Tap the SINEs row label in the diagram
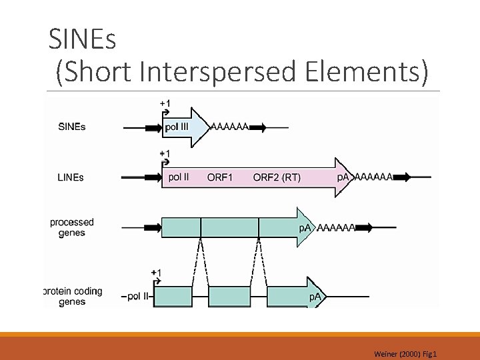pyautogui.click(x=72, y=127)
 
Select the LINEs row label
pyautogui.click(x=71, y=177)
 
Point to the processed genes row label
pyautogui.click(x=72, y=227)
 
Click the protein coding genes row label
pyautogui.click(x=72, y=296)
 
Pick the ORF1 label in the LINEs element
pyautogui.click(x=220, y=177)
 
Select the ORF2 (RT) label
pyautogui.click(x=277, y=177)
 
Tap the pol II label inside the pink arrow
pyautogui.click(x=179, y=177)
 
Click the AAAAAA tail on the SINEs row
pyautogui.click(x=230, y=125)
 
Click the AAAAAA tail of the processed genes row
pyautogui.click(x=335, y=227)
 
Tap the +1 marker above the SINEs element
pyautogui.click(x=165, y=103)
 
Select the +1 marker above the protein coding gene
pyautogui.click(x=156, y=272)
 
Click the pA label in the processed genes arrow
pyautogui.click(x=304, y=228)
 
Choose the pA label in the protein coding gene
pyautogui.click(x=315, y=296)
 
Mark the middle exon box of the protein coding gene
pyautogui.click(x=229, y=296)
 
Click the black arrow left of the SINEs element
pyautogui.click(x=153, y=126)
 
